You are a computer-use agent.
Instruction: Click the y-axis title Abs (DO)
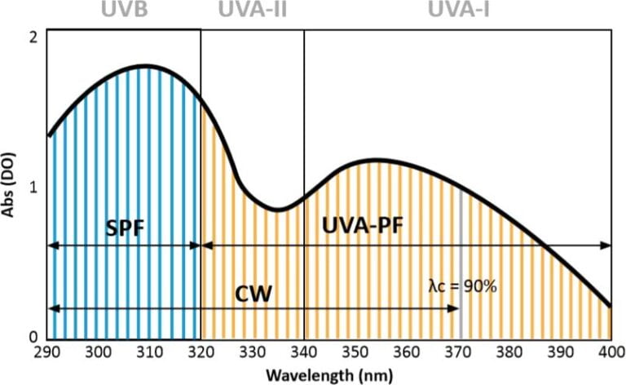(11, 183)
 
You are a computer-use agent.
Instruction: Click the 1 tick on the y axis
(33, 187)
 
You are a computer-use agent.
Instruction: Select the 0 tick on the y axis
(33, 336)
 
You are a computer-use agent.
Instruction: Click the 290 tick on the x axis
(47, 353)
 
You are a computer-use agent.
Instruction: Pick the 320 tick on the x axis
(201, 353)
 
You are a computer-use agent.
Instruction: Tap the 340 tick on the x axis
(304, 353)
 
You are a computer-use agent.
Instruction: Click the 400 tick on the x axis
(611, 353)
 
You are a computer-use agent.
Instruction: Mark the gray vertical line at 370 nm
(461, 261)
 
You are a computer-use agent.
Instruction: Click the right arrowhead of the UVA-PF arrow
(607, 245)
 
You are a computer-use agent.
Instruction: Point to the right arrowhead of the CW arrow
(456, 308)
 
